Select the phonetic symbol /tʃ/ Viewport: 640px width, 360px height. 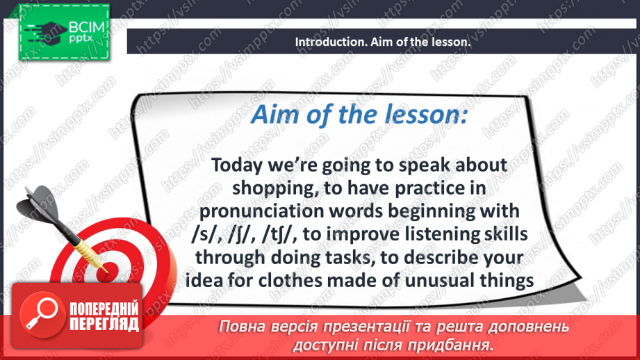click(x=279, y=235)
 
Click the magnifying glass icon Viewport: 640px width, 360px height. click(x=42, y=314)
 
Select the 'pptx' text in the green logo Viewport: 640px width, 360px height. click(x=81, y=39)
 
